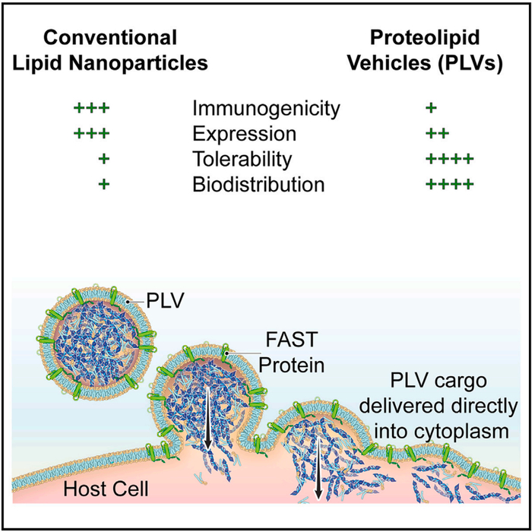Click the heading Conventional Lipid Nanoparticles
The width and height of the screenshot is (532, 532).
point(122,49)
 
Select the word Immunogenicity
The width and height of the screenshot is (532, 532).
point(266,109)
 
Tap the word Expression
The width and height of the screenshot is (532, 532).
point(243,135)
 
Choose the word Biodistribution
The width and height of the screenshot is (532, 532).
point(258,185)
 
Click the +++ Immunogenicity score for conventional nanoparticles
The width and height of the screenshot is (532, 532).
point(92,109)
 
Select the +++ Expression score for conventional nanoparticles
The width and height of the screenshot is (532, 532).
point(92,135)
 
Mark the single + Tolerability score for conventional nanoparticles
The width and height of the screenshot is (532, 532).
point(104,160)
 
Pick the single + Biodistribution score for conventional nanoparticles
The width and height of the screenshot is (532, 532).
point(104,185)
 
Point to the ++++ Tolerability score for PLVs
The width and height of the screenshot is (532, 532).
point(450,160)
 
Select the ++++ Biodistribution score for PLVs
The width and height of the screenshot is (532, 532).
point(450,185)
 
